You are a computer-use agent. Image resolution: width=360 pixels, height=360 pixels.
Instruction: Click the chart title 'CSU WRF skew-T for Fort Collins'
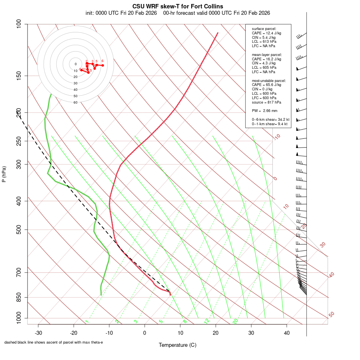[178, 6]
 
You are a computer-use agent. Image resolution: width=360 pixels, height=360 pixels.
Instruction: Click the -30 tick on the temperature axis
[38, 333]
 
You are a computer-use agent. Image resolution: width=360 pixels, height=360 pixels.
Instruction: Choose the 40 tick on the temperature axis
[286, 333]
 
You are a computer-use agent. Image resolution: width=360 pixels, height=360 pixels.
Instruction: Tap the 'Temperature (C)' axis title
[178, 345]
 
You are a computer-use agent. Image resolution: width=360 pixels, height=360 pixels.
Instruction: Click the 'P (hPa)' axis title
[4, 174]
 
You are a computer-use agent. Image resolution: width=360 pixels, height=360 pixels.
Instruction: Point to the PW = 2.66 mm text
[264, 111]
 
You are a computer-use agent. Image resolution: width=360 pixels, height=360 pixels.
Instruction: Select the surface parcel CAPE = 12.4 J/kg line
[266, 33]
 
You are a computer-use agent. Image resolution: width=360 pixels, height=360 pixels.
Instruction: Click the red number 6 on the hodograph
[102, 61]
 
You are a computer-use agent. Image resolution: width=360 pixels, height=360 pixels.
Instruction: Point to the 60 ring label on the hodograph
[75, 102]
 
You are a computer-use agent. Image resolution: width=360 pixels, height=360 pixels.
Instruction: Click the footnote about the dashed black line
[54, 342]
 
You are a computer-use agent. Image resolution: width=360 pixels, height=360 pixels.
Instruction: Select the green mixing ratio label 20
[235, 321]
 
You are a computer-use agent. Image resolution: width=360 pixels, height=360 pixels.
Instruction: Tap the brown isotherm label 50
[331, 315]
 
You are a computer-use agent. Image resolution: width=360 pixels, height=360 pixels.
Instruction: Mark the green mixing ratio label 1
[87, 322]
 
